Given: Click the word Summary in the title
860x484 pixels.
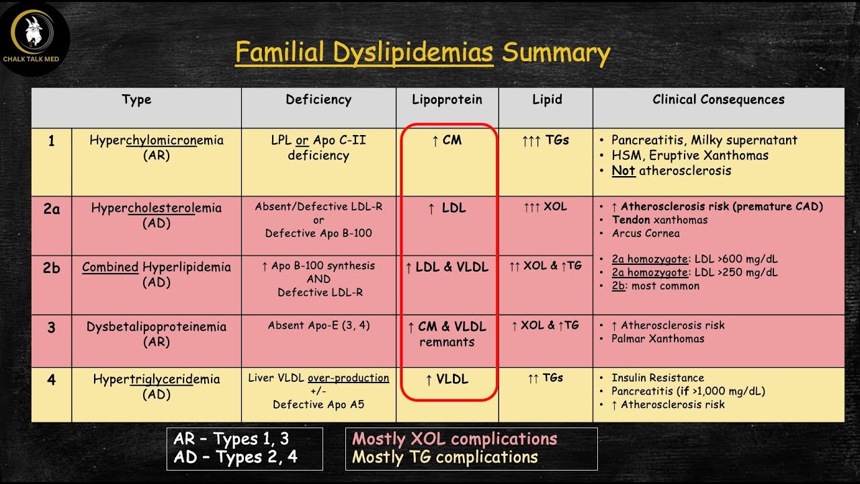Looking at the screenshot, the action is pyautogui.click(x=556, y=53).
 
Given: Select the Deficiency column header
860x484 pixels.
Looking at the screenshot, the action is pyautogui.click(x=318, y=100).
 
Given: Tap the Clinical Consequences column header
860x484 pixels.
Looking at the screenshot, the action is pyautogui.click(x=718, y=99).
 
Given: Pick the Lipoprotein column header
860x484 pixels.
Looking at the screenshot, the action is pyautogui.click(x=447, y=100).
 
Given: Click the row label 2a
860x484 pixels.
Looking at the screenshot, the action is pyautogui.click(x=52, y=208).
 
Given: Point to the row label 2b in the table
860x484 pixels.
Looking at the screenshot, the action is pyautogui.click(x=52, y=268).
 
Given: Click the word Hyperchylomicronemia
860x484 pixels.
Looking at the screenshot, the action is pyautogui.click(x=157, y=140).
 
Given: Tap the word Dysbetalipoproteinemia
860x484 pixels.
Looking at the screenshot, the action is pyautogui.click(x=157, y=327).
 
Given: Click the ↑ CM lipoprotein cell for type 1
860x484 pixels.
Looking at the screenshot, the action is pyautogui.click(x=447, y=140).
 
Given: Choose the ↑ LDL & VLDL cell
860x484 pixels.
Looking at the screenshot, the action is pyautogui.click(x=447, y=267).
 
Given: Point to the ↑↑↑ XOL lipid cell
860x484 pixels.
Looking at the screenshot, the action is pyautogui.click(x=545, y=207).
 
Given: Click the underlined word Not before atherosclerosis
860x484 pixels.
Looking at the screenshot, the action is pyautogui.click(x=623, y=171).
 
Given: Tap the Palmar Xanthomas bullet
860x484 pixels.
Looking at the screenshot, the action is pyautogui.click(x=658, y=339).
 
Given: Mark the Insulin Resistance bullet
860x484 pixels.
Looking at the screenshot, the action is pyautogui.click(x=658, y=378).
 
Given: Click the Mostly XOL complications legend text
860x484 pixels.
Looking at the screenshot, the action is pyautogui.click(x=455, y=439).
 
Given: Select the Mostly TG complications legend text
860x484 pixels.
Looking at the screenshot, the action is pyautogui.click(x=445, y=457).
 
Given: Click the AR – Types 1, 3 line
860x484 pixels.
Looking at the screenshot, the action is pyautogui.click(x=231, y=439).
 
